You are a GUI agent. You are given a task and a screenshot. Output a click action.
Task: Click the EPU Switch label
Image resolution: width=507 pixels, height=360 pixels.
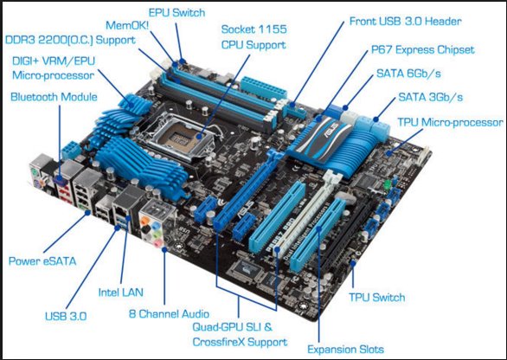[176, 13]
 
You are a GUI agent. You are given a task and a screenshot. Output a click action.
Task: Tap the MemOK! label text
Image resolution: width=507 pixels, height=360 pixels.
[127, 26]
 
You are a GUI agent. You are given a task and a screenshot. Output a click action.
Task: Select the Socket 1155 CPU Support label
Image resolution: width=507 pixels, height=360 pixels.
[253, 37]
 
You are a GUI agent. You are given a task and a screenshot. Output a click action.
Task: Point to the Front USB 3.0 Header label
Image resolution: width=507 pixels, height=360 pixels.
[406, 22]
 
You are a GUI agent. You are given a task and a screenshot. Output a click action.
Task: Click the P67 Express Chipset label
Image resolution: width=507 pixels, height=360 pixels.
[422, 50]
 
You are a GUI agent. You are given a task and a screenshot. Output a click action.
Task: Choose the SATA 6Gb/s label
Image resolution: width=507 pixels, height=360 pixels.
[408, 74]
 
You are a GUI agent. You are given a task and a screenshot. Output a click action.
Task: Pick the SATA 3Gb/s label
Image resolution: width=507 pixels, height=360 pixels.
[430, 97]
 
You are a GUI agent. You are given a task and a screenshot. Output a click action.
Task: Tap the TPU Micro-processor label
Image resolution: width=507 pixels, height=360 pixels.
[450, 122]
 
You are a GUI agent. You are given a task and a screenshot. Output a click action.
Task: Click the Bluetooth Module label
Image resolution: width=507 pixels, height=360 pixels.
[54, 97]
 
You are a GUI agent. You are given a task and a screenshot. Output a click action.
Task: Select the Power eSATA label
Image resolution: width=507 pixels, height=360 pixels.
[42, 261]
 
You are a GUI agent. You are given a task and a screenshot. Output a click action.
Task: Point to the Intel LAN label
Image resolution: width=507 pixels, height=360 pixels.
[120, 292]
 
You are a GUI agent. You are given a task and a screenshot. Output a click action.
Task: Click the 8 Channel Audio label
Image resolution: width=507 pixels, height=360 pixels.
[169, 314]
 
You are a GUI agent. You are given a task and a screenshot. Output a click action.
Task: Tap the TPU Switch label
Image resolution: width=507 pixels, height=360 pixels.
[376, 298]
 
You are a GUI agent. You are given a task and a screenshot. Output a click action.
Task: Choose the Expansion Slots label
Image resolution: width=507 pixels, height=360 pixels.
[346, 350]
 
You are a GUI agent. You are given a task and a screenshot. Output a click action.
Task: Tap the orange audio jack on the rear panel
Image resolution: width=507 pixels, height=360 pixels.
[145, 221]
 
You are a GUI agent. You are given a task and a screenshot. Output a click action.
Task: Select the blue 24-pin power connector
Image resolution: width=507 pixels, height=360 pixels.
[263, 87]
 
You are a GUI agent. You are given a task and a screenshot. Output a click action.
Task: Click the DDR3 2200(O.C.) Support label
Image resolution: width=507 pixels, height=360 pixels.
[70, 40]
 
